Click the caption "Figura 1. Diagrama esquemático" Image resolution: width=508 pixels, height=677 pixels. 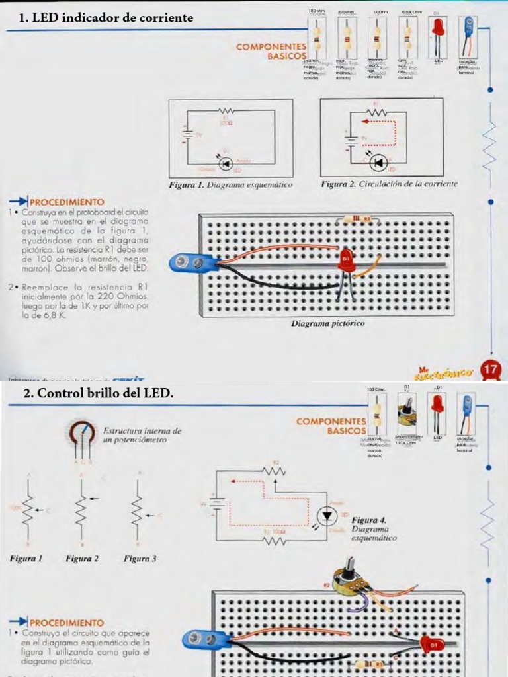tap(230, 185)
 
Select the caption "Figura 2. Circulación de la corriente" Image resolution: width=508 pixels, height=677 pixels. tap(389, 184)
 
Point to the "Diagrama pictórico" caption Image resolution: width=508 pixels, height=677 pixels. tap(328, 324)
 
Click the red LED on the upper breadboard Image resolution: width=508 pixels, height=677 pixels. tap(345, 260)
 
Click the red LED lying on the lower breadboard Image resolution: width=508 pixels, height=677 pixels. tap(429, 642)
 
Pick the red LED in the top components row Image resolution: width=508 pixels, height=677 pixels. tap(438, 28)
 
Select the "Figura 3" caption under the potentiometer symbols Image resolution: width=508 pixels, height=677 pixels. tap(140, 559)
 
